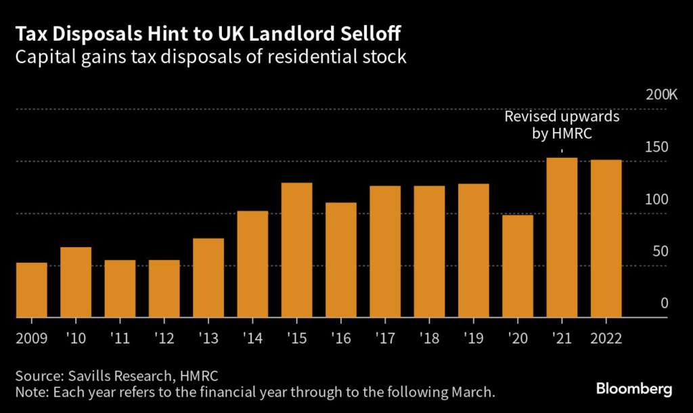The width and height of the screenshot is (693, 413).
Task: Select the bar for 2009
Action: click(x=32, y=290)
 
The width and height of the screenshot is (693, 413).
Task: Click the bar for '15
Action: click(x=296, y=250)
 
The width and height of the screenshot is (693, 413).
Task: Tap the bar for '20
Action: click(x=518, y=266)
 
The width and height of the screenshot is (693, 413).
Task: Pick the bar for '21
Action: click(x=562, y=238)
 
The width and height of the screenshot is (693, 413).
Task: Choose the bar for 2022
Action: click(x=606, y=238)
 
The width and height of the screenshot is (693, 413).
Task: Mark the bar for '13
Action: click(x=208, y=278)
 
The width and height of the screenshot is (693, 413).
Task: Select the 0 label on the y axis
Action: click(x=665, y=303)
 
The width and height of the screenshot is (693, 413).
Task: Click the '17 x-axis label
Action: click(x=385, y=337)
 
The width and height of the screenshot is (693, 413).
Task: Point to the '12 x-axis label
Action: click(x=164, y=337)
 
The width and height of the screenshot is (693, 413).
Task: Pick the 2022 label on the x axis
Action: click(x=606, y=337)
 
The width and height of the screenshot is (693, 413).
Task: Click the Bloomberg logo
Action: click(x=633, y=389)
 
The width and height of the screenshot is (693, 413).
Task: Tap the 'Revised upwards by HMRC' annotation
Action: click(x=562, y=125)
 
